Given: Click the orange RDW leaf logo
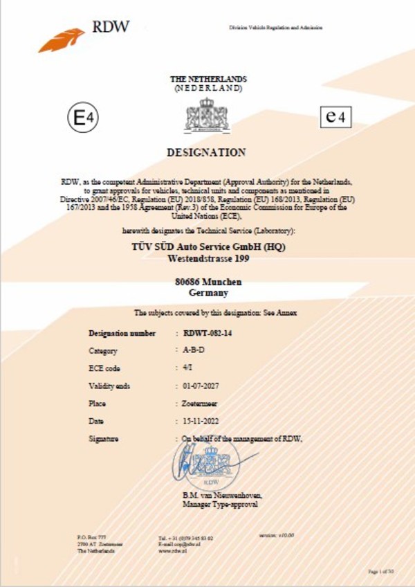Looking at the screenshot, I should [62, 39].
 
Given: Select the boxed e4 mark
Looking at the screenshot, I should [334, 117].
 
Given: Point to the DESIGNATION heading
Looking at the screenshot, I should [207, 152].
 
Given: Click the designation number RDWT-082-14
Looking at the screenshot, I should [207, 333].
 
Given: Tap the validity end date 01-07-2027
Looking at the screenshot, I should [199, 385].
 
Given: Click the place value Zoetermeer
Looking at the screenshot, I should [201, 402].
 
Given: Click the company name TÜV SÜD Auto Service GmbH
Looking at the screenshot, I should [207, 247].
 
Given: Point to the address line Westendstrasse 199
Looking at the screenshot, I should [207, 259].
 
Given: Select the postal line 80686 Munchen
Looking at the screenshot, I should [207, 282].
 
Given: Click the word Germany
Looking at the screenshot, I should [207, 293].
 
